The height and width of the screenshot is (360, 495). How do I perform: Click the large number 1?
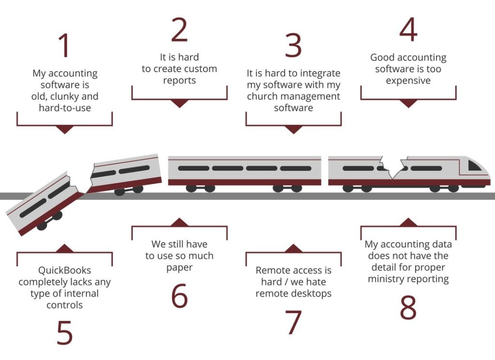[x=64, y=45]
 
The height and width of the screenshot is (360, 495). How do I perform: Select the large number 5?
[x=64, y=332]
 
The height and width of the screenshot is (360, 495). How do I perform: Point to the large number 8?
[x=408, y=307]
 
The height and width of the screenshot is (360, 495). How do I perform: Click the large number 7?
[x=293, y=322]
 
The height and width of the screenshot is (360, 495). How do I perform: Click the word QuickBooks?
[x=64, y=271]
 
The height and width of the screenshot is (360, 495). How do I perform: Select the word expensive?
[x=408, y=80]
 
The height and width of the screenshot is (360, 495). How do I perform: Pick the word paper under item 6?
[x=179, y=267]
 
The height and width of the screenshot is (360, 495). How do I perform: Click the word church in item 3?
[x=262, y=96]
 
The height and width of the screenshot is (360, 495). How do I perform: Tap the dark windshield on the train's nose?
[x=475, y=166]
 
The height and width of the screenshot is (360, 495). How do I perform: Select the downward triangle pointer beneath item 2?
[x=179, y=103]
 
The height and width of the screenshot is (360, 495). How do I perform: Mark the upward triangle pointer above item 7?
[x=293, y=248]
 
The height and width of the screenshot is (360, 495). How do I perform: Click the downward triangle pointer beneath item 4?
[x=408, y=103]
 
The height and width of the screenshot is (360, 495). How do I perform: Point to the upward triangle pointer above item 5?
[x=64, y=248]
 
